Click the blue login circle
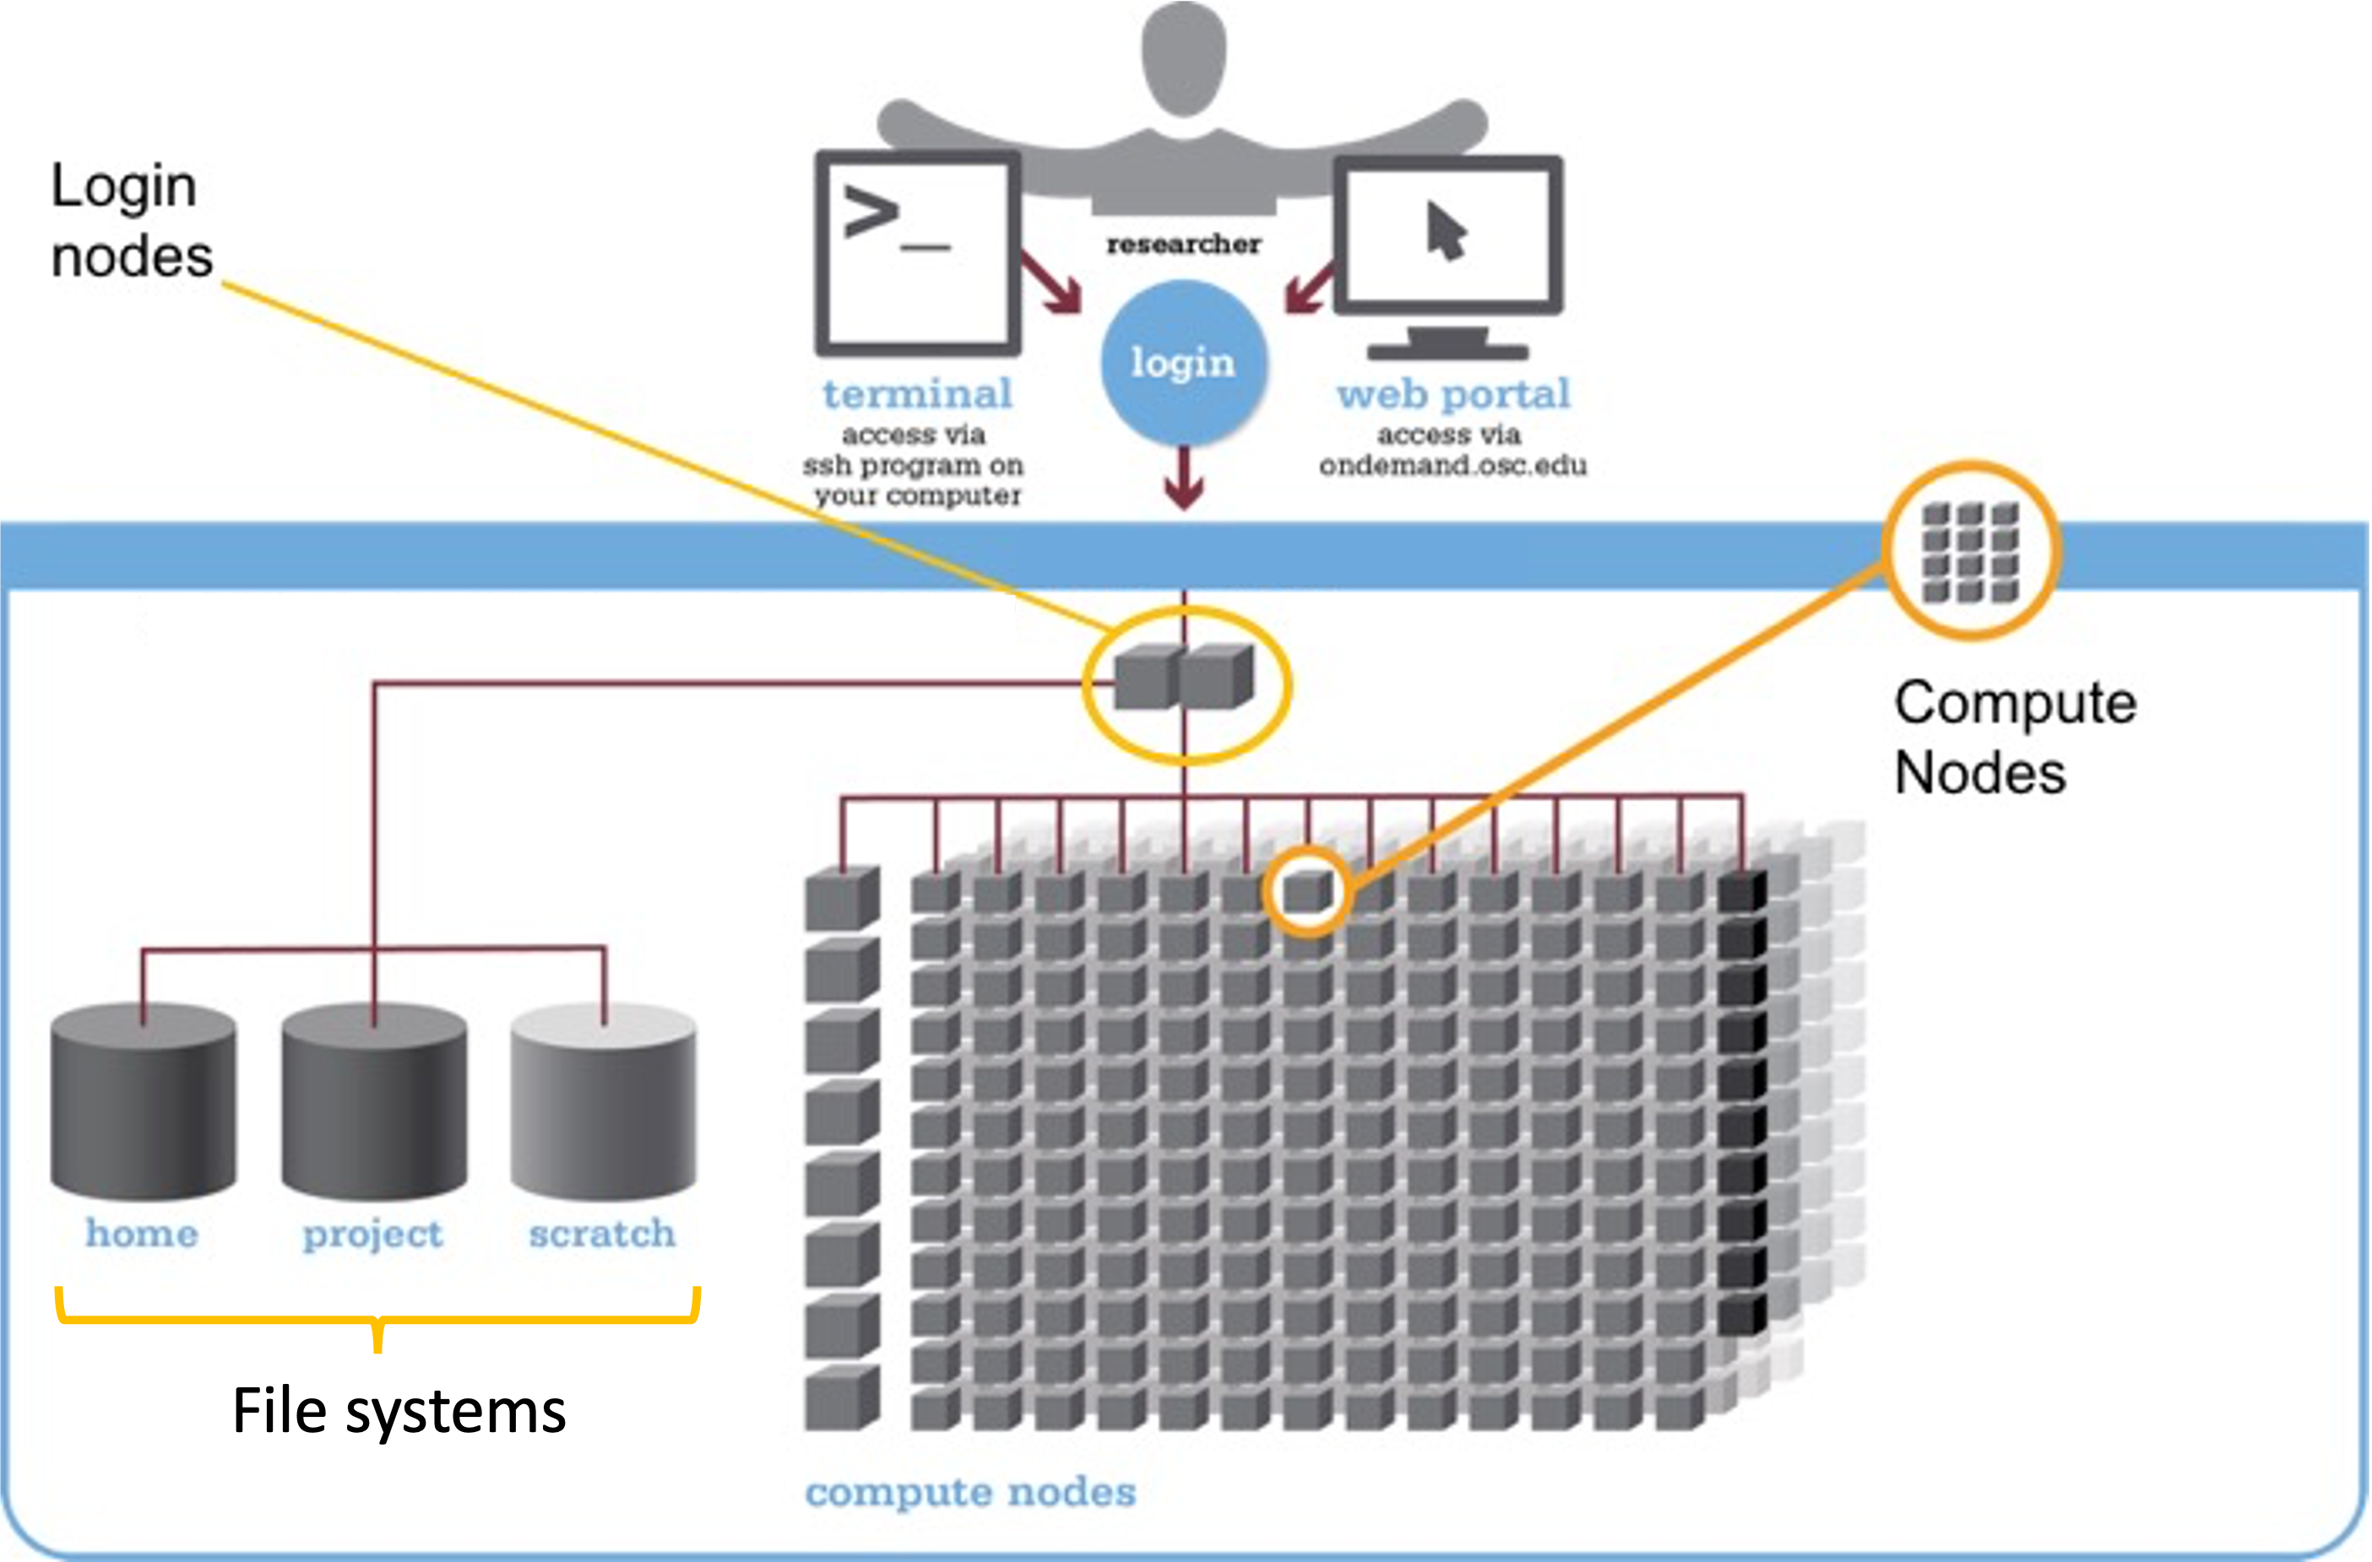click(1183, 363)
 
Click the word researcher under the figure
click(1183, 244)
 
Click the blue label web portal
click(1453, 394)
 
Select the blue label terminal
click(917, 394)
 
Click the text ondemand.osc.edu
click(1453, 465)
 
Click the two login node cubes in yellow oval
click(1183, 678)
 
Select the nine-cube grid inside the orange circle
click(1970, 551)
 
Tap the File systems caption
click(399, 1412)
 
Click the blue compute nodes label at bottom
click(969, 1492)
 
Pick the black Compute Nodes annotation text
click(2013, 738)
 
